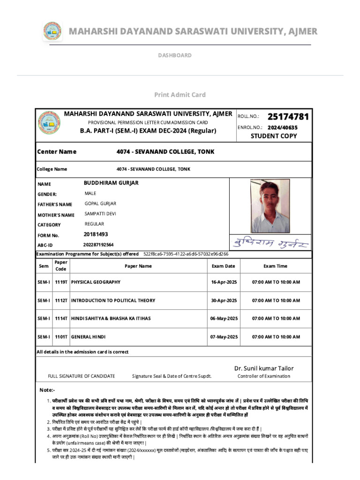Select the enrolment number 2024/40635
tap(282, 127)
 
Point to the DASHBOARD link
tap(174, 55)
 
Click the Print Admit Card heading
tap(180, 95)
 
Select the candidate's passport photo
tap(270, 206)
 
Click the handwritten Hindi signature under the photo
tap(270, 243)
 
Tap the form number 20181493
tap(96, 234)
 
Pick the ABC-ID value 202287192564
tap(98, 245)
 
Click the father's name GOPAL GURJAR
tap(100, 204)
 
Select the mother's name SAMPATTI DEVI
tap(100, 214)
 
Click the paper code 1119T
tap(61, 282)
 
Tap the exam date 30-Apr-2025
tap(224, 300)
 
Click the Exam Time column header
tap(275, 266)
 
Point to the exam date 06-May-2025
tap(224, 319)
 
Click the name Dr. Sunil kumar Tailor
tap(264, 368)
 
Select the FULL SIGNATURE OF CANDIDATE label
tap(81, 376)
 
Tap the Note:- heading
tap(47, 390)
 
